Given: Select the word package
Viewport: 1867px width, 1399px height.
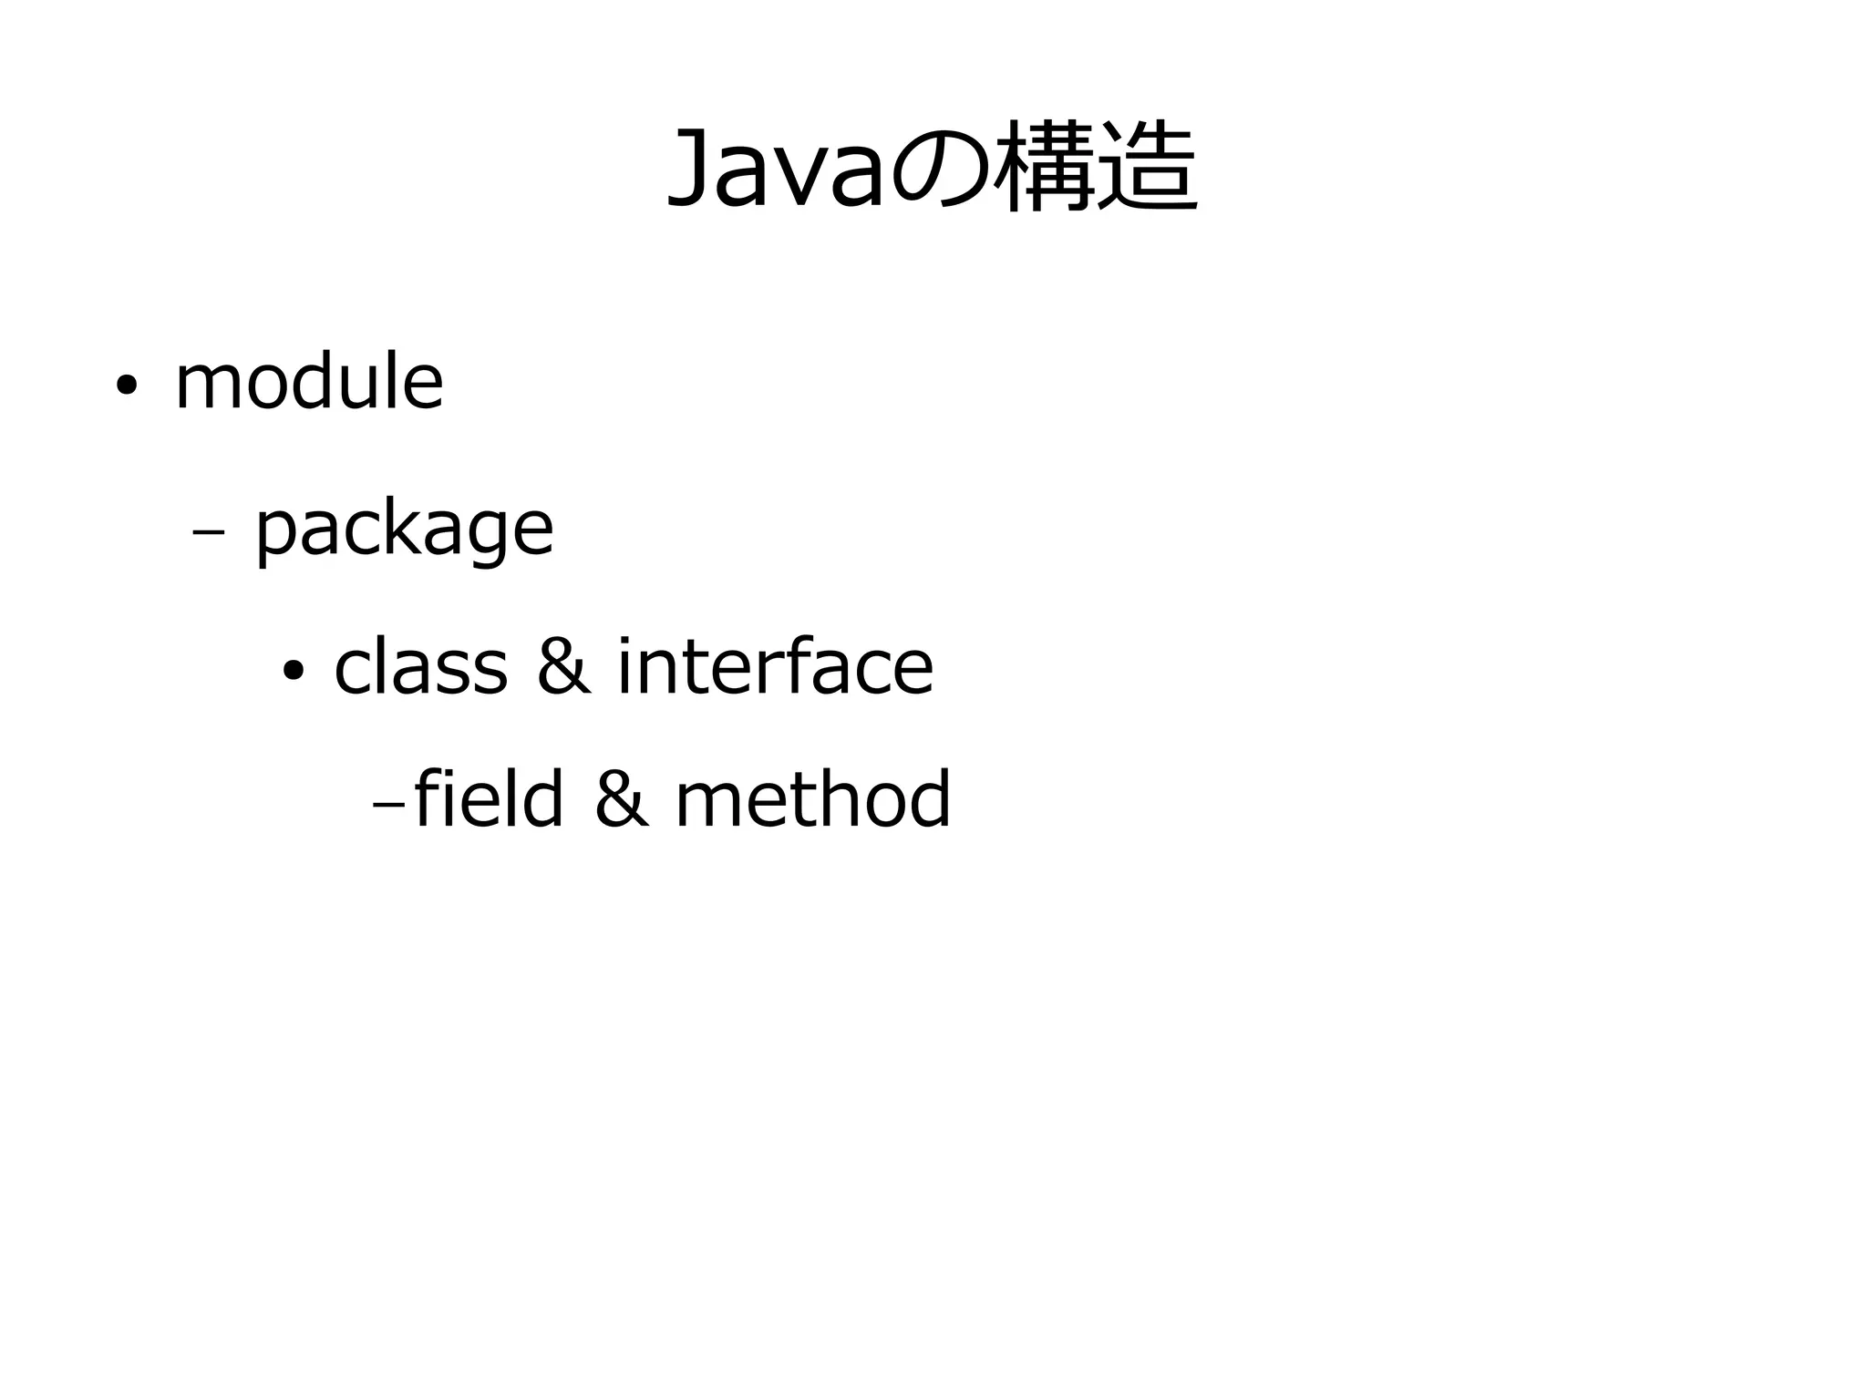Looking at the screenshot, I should [x=404, y=530].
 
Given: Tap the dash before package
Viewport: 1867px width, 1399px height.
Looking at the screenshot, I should [x=210, y=536].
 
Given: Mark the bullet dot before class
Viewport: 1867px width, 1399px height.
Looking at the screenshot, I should [x=293, y=673].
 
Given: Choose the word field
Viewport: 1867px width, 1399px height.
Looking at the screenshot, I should [x=489, y=799].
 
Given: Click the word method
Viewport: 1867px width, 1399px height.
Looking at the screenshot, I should [x=812, y=799].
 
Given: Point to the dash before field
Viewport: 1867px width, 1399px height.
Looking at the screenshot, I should [x=388, y=807].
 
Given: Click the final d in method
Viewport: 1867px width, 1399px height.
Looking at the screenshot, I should [x=929, y=799].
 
